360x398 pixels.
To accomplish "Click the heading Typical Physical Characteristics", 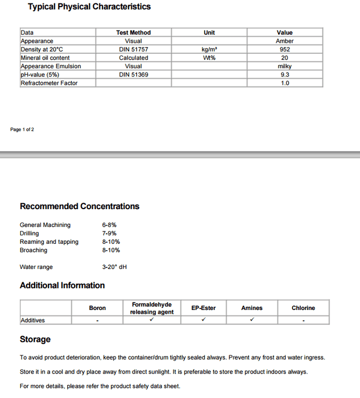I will (x=89, y=7).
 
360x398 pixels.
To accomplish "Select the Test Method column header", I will (x=133, y=33).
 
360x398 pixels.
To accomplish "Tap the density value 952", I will (x=285, y=50).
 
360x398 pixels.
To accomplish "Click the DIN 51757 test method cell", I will (x=133, y=50).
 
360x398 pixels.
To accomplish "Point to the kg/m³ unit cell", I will (x=210, y=50).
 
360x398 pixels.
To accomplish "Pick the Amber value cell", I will (x=285, y=41).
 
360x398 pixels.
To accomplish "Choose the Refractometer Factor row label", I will (x=49, y=83).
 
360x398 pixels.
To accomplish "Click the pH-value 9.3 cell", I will (x=285, y=75).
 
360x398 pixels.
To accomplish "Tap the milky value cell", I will (x=285, y=66).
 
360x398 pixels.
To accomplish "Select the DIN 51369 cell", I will (x=133, y=75).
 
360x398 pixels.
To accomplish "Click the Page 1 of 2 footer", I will (x=22, y=130).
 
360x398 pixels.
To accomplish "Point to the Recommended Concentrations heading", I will (x=79, y=206).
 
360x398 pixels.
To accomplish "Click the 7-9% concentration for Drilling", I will (x=109, y=234).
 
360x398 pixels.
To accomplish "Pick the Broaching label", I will (x=34, y=250).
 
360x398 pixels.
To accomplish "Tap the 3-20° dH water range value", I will (x=114, y=267).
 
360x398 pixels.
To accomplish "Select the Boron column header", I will (x=98, y=308).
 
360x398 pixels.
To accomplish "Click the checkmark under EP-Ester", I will (x=204, y=320).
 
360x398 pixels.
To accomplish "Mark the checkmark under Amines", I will (x=252, y=320).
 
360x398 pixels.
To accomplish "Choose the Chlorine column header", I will (x=303, y=308).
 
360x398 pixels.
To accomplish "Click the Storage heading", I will (x=35, y=339).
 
